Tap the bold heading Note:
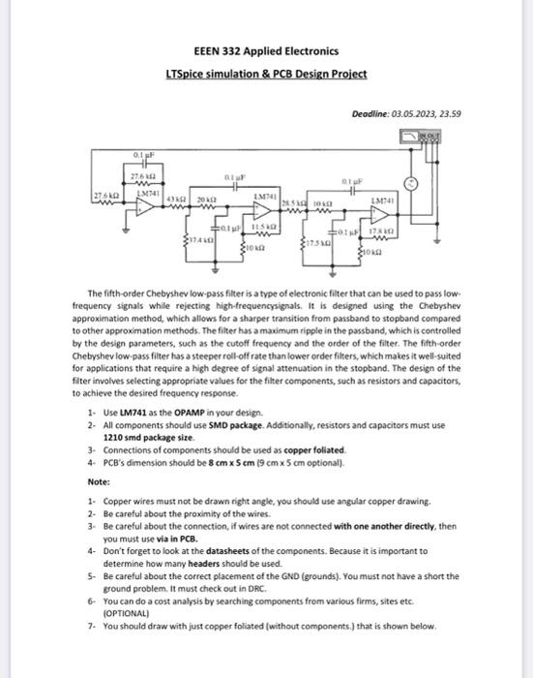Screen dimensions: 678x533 98,481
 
